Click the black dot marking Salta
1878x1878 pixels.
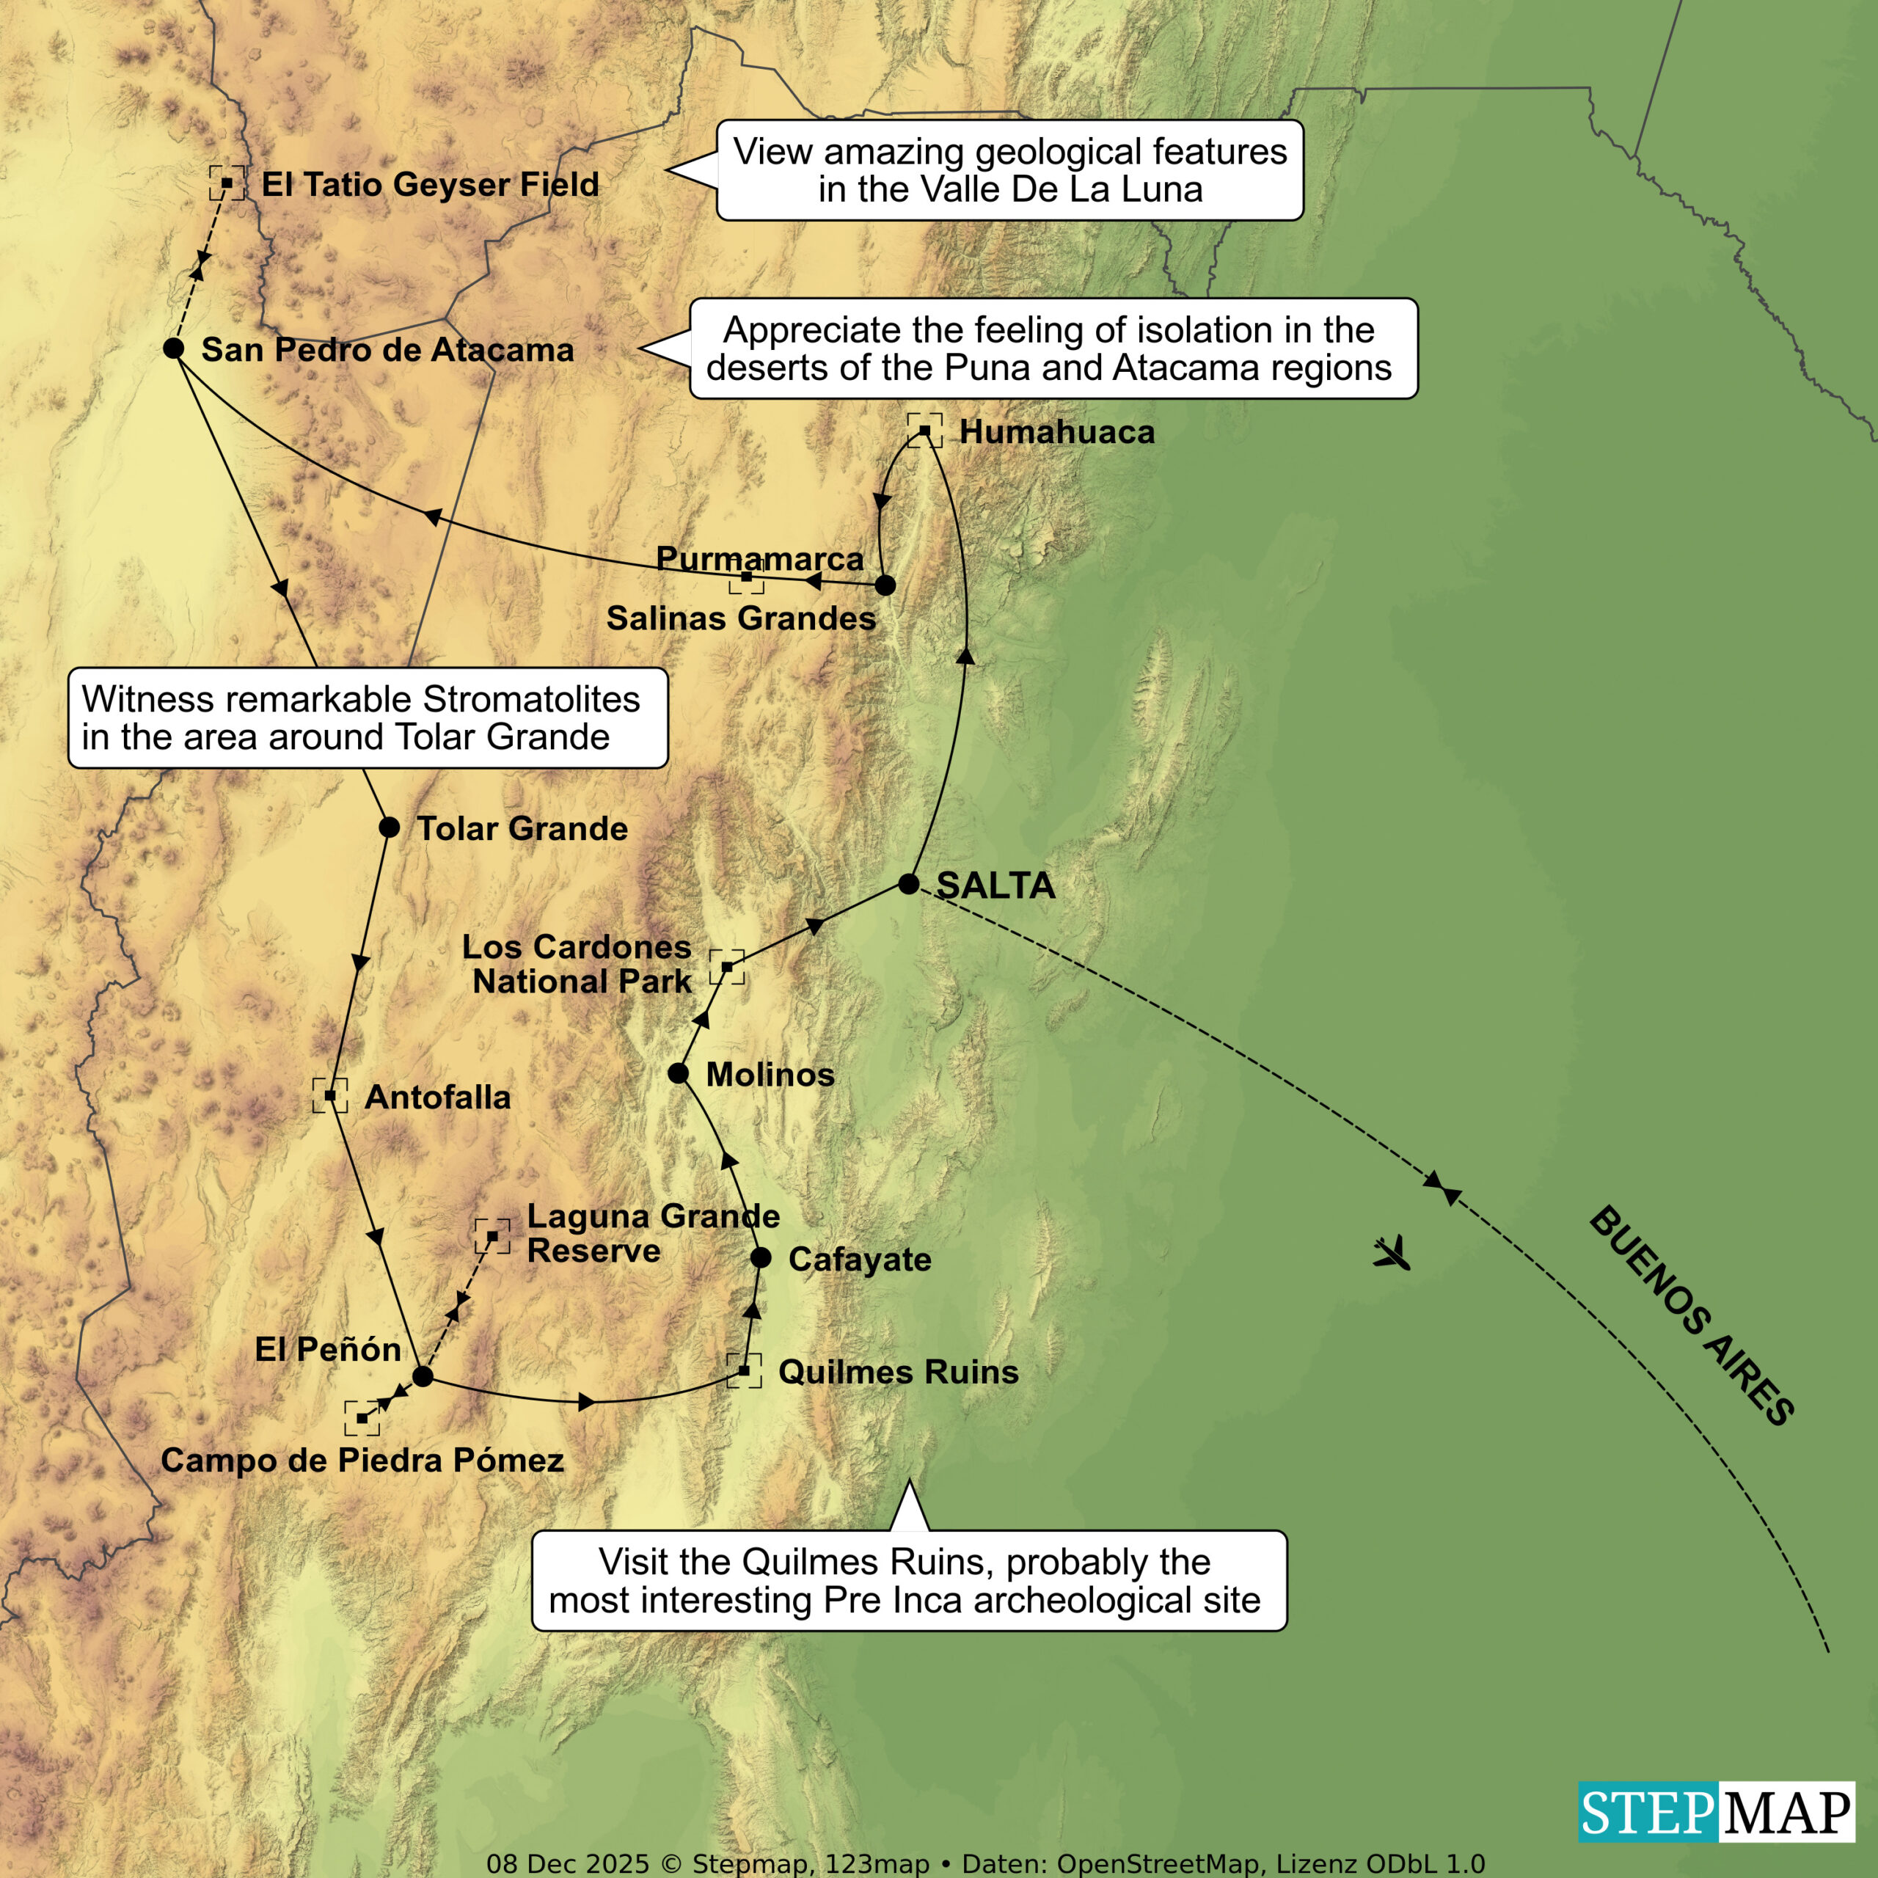908,883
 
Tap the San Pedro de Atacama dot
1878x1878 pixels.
174,348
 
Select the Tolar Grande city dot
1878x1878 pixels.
389,827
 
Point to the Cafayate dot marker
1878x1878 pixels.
761,1258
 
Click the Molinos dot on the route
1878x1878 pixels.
679,1073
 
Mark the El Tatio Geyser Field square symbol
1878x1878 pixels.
227,183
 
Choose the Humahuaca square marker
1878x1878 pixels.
924,431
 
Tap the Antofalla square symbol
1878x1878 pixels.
329,1095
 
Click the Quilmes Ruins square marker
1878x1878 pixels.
744,1370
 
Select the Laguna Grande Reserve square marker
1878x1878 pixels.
492,1236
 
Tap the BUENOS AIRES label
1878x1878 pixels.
1692,1316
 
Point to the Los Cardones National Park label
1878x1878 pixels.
577,963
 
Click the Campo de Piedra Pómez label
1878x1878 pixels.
362,1460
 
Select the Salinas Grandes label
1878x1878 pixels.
741,618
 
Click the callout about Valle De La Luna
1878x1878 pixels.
1010,170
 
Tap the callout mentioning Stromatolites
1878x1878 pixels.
368,717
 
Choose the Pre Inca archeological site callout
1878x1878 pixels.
909,1581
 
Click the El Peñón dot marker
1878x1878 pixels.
422,1376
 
